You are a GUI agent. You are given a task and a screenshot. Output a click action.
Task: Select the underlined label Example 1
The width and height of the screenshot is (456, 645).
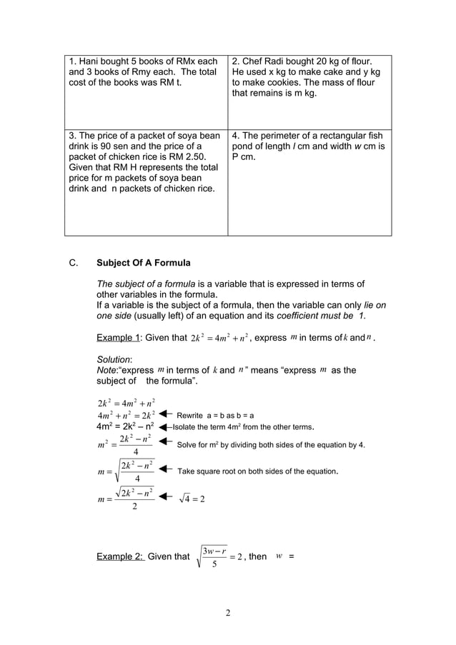coord(117,338)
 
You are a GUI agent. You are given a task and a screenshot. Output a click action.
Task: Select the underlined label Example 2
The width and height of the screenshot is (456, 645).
coord(120,556)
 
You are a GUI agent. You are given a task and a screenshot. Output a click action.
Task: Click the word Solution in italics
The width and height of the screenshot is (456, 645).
coord(115,359)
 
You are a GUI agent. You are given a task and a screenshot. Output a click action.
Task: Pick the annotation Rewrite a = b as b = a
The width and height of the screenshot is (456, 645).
coord(215,415)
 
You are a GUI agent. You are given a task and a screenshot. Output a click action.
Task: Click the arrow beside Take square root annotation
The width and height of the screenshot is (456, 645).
coord(165,470)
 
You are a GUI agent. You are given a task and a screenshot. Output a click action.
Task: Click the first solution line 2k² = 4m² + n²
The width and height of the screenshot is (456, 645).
coord(126,402)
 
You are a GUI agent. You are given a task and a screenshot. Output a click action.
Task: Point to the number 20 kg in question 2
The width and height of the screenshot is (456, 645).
coord(338,62)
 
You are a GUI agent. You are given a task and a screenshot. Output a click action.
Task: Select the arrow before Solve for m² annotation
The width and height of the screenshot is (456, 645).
coord(165,444)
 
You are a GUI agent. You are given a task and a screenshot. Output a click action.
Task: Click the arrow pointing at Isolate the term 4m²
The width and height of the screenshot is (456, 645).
coord(165,427)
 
